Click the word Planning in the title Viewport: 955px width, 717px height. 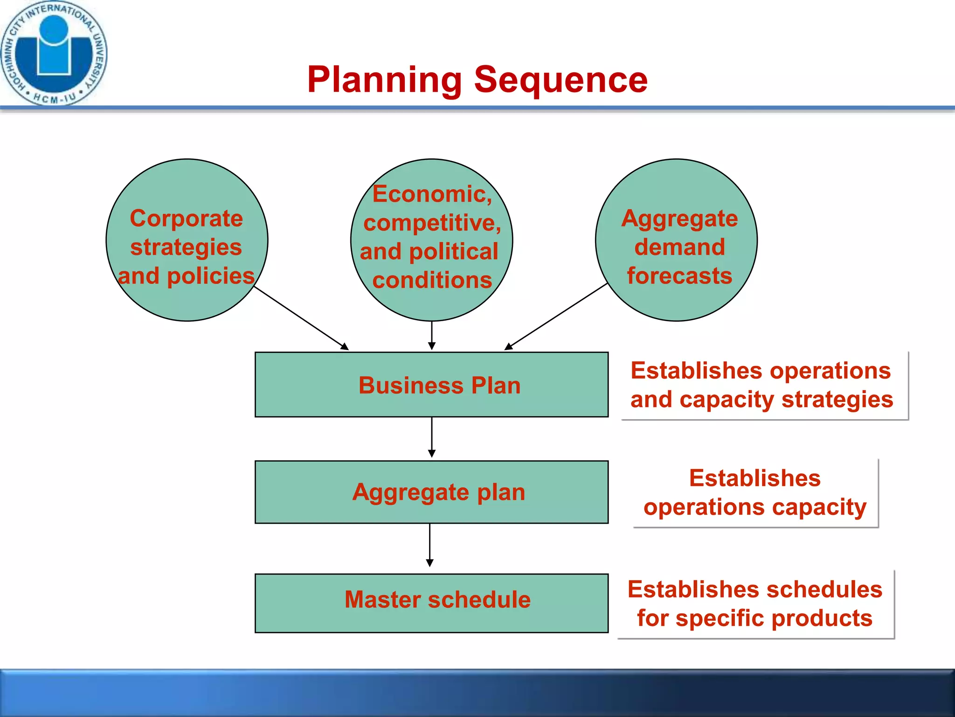[x=384, y=80]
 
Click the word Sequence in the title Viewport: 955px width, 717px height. [x=561, y=80]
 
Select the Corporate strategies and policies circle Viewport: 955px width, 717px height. [x=187, y=240]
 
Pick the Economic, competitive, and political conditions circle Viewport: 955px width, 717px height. [x=431, y=240]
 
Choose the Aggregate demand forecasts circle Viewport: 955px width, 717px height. [x=676, y=240]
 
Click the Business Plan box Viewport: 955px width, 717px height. [x=431, y=385]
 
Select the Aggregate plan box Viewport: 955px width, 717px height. [x=431, y=492]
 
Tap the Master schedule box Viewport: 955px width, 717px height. [x=431, y=603]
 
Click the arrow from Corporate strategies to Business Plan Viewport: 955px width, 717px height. [x=301, y=318]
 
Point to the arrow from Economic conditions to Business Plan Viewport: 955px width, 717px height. [x=432, y=335]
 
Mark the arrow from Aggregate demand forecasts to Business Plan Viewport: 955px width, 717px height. [x=556, y=316]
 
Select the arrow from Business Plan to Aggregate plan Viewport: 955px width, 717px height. [x=432, y=437]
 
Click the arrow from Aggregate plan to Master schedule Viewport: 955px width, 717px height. [x=430, y=544]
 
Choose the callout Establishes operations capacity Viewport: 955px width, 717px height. [x=755, y=493]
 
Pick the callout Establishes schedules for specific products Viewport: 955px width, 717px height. [x=755, y=604]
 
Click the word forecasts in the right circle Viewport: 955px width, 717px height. [x=679, y=276]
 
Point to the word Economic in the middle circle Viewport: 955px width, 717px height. [x=432, y=194]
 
